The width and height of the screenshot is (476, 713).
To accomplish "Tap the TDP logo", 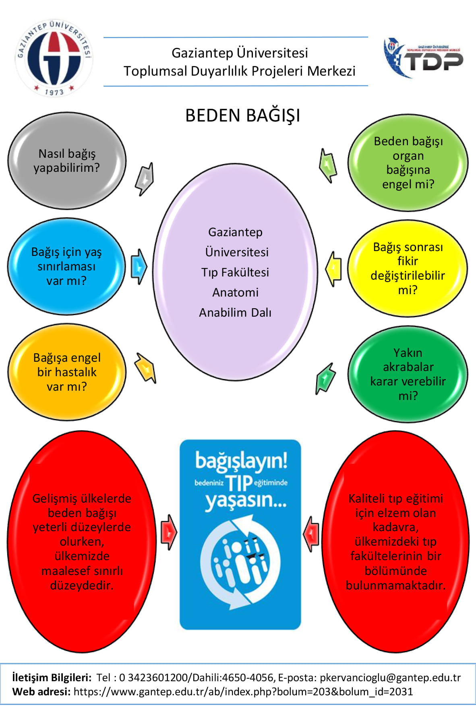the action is (x=423, y=58).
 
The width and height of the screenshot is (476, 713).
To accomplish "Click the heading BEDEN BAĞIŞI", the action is (x=242, y=115).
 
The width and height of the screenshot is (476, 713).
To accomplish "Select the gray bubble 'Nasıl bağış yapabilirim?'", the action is (x=67, y=161).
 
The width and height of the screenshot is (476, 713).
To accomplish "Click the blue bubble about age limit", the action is (x=67, y=266).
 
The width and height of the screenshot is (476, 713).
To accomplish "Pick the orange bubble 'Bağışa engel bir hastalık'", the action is (x=67, y=372).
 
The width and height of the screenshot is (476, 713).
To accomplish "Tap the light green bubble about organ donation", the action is (x=408, y=163).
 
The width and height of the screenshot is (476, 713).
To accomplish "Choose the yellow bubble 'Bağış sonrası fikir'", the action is (x=408, y=268).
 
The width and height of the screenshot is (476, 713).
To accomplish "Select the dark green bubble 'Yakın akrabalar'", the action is (x=408, y=374).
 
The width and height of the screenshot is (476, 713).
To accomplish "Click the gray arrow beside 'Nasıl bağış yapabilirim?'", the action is (x=145, y=179).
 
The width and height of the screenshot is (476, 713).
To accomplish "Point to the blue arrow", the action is (x=139, y=266).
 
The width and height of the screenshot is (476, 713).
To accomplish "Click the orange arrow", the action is (x=146, y=368).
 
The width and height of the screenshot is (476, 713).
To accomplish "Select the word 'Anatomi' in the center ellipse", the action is (x=236, y=292).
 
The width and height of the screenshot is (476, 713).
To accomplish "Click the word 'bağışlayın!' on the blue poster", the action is (x=241, y=461).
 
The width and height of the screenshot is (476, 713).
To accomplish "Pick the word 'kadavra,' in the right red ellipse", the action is (x=396, y=527).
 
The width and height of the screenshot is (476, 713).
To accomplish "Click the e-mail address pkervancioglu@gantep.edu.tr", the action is (x=390, y=678).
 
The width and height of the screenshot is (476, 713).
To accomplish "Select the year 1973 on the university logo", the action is (x=54, y=92).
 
